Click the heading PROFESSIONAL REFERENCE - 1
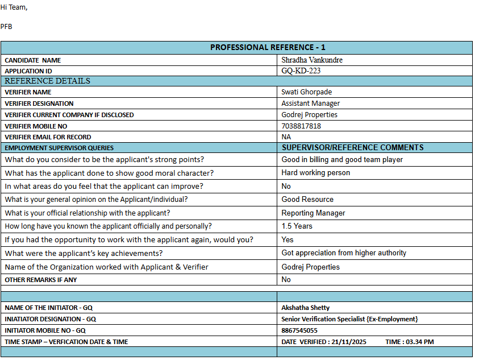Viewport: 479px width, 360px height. pyautogui.click(x=268, y=47)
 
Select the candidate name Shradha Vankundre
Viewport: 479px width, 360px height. pyautogui.click(x=312, y=60)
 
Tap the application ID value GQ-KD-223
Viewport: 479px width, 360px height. pyautogui.click(x=305, y=71)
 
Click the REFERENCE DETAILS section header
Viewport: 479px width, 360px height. pyautogui.click(x=47, y=81)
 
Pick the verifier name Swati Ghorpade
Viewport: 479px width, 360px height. pyautogui.click(x=306, y=92)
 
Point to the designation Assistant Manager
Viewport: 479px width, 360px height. pyautogui.click(x=310, y=104)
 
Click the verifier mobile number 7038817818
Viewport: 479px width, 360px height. pyautogui.click(x=301, y=126)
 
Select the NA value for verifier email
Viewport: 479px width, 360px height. pyautogui.click(x=286, y=137)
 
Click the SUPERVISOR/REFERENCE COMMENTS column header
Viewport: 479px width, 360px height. pyautogui.click(x=353, y=147)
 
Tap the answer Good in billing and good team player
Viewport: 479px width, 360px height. pyautogui.click(x=342, y=160)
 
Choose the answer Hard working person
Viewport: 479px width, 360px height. pyautogui.click(x=316, y=173)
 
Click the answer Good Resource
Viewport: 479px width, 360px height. pyautogui.click(x=307, y=200)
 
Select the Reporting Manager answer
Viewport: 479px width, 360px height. pyautogui.click(x=313, y=213)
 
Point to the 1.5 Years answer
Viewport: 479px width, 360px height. pyautogui.click(x=297, y=226)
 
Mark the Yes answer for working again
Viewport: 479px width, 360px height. pyautogui.click(x=288, y=240)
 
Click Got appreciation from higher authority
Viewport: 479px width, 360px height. pyautogui.click(x=344, y=253)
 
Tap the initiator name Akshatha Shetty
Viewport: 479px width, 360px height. pyautogui.click(x=305, y=308)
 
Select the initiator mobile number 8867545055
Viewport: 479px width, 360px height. pyautogui.click(x=299, y=330)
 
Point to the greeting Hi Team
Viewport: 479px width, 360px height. pyautogui.click(x=14, y=7)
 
